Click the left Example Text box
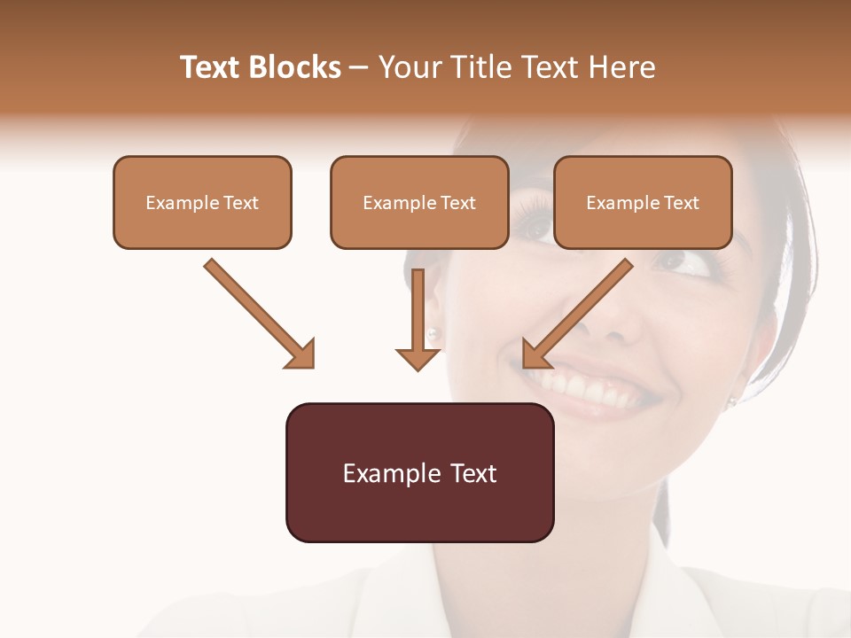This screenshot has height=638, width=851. click(202, 203)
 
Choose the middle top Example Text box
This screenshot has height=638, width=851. click(419, 203)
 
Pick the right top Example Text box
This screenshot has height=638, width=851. click(643, 203)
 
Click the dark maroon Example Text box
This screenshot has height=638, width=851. click(419, 472)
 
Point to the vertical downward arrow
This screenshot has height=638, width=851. click(418, 319)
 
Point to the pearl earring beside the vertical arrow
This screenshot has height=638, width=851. click(433, 334)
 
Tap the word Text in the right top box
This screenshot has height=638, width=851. click(682, 203)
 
